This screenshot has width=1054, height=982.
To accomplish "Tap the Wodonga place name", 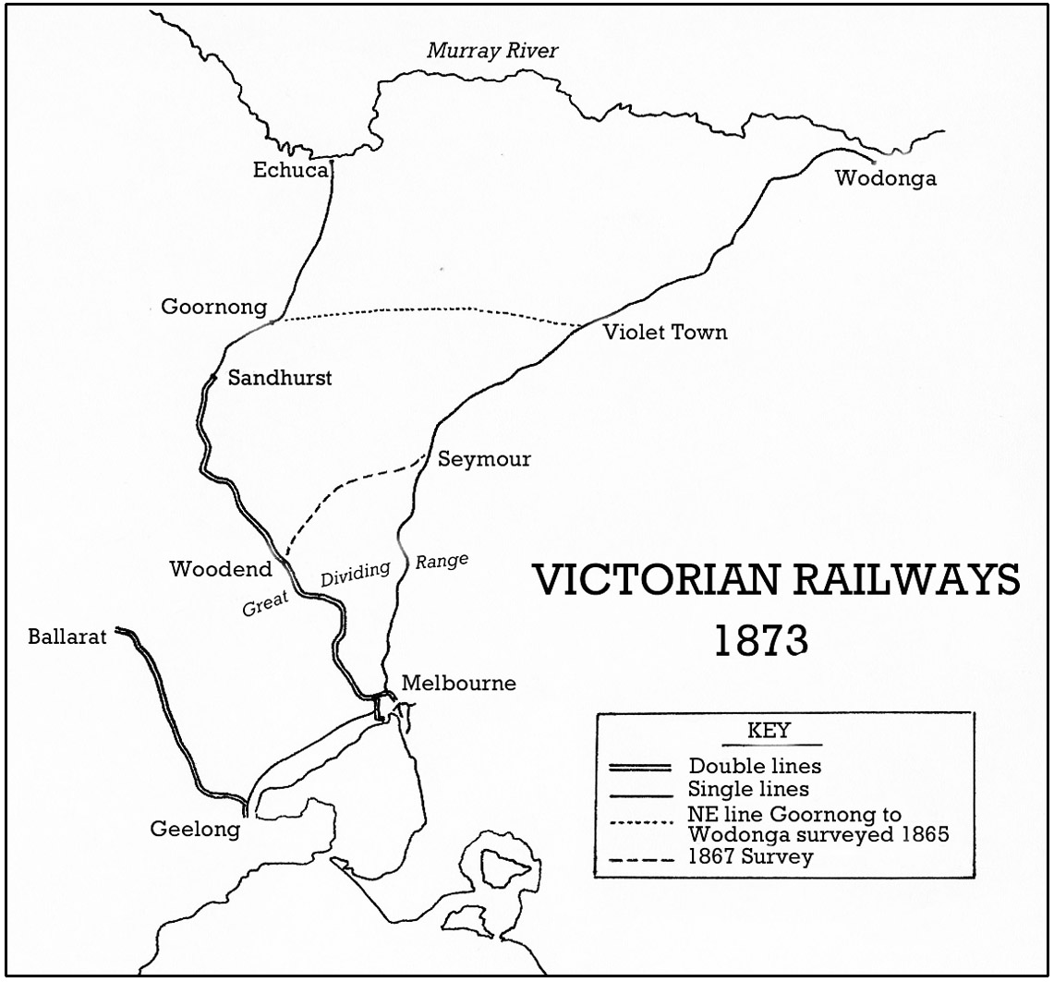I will point(885,179).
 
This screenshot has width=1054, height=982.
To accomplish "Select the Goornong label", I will point(213,307).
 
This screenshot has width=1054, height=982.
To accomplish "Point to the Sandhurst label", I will point(279,378).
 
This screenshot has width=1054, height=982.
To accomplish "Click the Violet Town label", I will point(665,333).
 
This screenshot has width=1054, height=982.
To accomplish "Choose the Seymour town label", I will point(484,459).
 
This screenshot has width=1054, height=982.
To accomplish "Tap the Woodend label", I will point(221,569).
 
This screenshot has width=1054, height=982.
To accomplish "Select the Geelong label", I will point(195,830).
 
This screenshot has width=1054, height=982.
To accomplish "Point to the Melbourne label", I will point(459,685).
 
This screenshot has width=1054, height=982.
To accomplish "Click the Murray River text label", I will point(492,51).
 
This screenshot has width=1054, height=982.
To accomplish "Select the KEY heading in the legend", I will point(768,731).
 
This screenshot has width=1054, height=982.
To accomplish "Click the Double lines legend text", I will point(755,766).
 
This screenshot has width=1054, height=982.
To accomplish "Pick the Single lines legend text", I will point(748,789).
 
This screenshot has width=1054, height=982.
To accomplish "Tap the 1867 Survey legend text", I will point(750,856).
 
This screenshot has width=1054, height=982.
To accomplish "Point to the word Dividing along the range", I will point(356,575).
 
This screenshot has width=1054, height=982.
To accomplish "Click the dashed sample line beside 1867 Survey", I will point(638,858).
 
